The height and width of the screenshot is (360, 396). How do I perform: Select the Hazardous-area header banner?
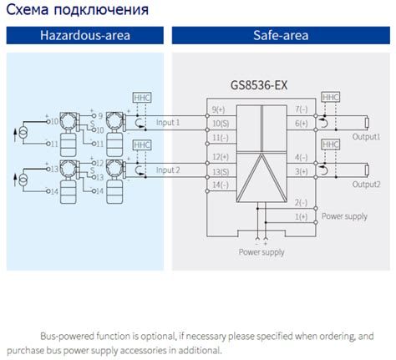[x=83, y=36]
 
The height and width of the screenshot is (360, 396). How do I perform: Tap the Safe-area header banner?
[x=281, y=36]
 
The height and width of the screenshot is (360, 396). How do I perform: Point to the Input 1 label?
[x=169, y=123]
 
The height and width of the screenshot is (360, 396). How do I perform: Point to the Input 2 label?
[x=169, y=170]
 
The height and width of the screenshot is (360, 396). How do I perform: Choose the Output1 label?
[x=366, y=135]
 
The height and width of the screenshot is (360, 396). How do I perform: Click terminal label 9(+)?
[x=220, y=109]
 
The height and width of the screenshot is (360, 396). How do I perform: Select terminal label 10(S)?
[x=220, y=124]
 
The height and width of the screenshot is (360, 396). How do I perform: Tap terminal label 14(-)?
[x=220, y=184]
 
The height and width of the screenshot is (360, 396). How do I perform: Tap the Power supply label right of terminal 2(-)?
[x=344, y=215]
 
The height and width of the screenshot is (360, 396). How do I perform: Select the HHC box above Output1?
[x=331, y=98]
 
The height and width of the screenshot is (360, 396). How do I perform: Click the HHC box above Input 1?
[x=141, y=98]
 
